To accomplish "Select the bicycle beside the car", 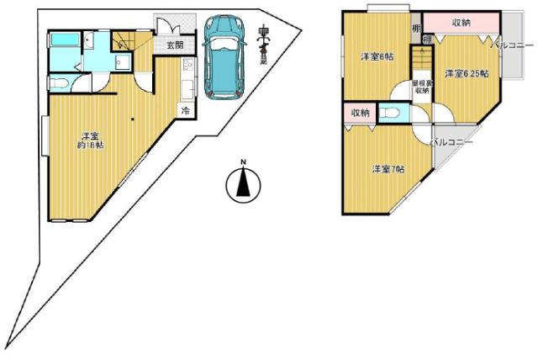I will tap(264, 45).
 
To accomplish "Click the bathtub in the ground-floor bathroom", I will tap(63, 41).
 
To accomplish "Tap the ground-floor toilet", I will tap(57, 82).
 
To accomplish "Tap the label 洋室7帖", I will tap(388, 169).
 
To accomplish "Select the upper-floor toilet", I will tap(389, 113).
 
